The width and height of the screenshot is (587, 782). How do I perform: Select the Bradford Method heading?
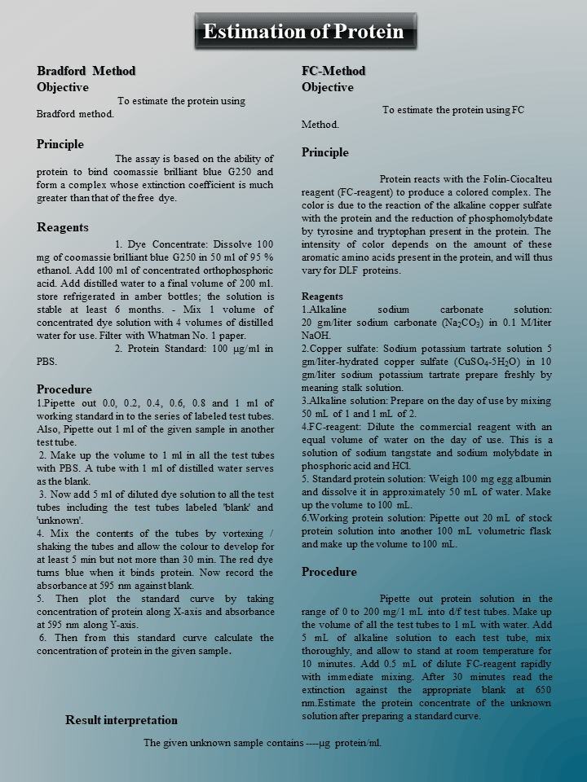tap(86, 71)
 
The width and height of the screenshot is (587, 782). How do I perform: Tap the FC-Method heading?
tap(333, 71)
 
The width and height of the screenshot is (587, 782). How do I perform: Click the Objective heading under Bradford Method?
tap(63, 87)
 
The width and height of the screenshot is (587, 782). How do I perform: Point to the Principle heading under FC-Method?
tap(324, 152)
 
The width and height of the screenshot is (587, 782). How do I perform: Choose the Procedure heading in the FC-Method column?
tap(329, 572)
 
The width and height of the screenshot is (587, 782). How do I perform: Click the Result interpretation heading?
tap(121, 720)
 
